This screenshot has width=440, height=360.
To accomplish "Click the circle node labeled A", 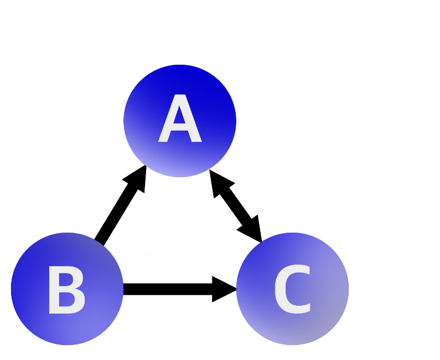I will pyautogui.click(x=180, y=83).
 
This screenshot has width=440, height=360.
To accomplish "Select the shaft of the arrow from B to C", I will pyautogui.click(x=166, y=289).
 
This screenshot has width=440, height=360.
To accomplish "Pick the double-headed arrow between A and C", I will pyautogui.click(x=235, y=205).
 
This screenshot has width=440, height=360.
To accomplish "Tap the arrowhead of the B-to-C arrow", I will pyautogui.click(x=226, y=289).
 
